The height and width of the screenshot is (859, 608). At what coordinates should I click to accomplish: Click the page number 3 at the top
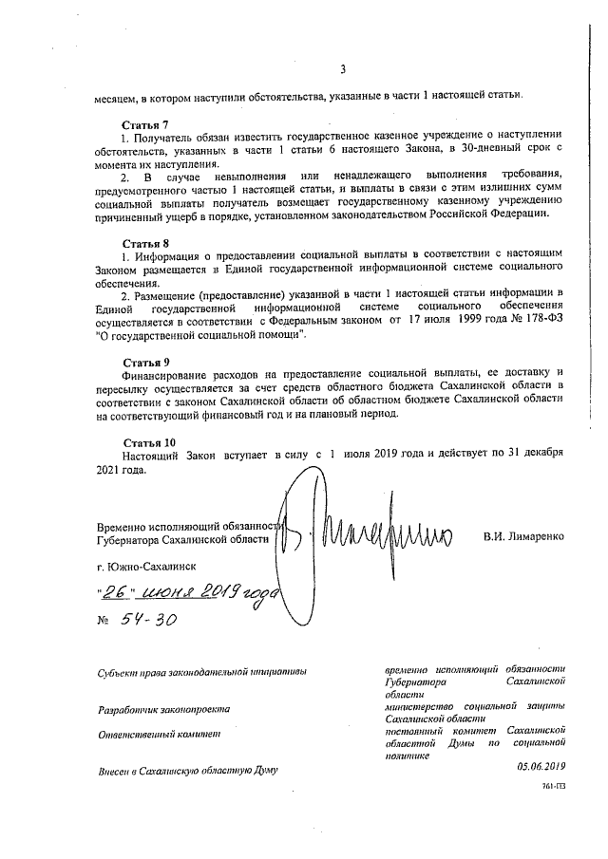(x=343, y=66)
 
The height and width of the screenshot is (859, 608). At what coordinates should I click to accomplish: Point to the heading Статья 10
(x=149, y=442)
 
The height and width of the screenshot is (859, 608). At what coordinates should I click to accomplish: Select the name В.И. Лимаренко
(x=523, y=536)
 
